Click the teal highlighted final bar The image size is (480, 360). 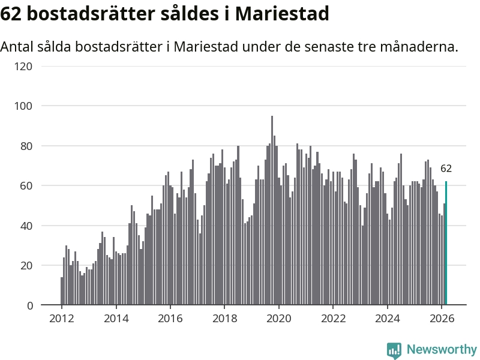(x=446, y=243)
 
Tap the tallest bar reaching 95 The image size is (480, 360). (x=272, y=210)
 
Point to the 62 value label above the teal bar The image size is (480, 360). (x=446, y=169)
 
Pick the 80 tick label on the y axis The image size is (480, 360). (x=26, y=146)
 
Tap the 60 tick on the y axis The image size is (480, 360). (x=26, y=186)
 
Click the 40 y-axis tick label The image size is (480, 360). (x=26, y=226)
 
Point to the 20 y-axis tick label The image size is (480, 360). (x=26, y=266)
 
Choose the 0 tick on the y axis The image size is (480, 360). (x=29, y=305)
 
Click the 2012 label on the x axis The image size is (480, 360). (x=62, y=319)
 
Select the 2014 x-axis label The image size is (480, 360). (x=116, y=319)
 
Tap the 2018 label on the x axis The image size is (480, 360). (x=224, y=319)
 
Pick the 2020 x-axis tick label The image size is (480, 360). (x=278, y=319)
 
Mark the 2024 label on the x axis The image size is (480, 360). (x=387, y=319)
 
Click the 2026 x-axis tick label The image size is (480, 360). (x=441, y=319)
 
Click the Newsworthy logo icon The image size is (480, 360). (x=394, y=350)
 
